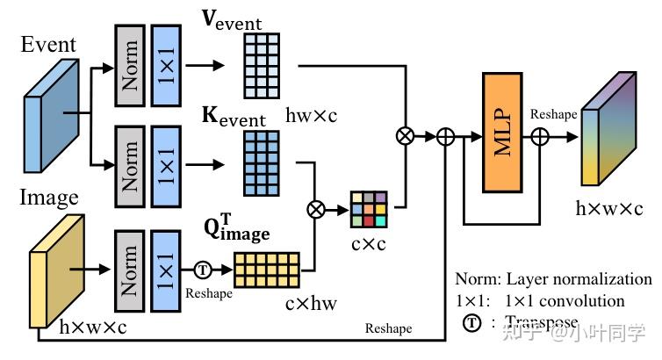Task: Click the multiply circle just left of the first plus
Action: coord(405,136)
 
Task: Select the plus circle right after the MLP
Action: coord(541,136)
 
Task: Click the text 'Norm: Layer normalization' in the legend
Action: coord(553,279)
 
